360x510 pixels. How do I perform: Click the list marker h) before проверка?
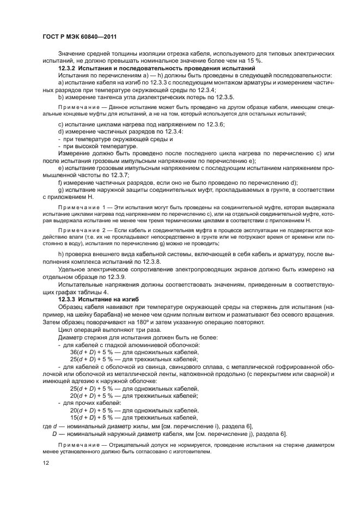click(x=60, y=255)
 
